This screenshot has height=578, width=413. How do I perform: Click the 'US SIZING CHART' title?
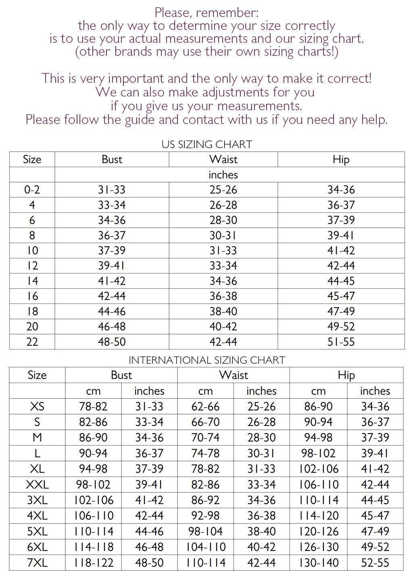coord(206,144)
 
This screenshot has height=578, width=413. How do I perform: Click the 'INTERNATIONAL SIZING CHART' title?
coord(206,360)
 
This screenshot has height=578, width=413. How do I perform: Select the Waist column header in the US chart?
coord(223,159)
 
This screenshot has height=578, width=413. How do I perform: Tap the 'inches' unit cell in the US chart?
coord(223,175)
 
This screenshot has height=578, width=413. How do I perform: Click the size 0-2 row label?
coord(32,190)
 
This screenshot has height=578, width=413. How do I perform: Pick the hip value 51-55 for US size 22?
coord(341,342)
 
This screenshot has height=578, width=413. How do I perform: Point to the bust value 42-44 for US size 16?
coord(112,296)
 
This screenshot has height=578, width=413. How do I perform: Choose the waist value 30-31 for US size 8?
coord(223,235)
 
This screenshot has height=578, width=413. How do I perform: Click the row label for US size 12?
coord(32,266)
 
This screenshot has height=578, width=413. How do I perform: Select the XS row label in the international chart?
coord(37,406)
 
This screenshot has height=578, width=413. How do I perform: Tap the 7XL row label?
coord(37,562)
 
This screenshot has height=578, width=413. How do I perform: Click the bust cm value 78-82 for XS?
coord(93,406)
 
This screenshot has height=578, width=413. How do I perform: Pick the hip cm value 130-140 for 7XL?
coord(319,562)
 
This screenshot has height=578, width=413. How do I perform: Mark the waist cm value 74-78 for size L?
coord(205,453)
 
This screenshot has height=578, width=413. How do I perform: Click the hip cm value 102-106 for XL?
coord(319,469)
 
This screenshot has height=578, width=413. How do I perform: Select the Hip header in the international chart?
coord(346,375)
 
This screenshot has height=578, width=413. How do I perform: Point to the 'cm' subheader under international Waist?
coord(205,391)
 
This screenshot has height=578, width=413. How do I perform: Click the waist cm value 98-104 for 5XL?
coord(205,531)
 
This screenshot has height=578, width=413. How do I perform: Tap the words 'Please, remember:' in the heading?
coord(206,13)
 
